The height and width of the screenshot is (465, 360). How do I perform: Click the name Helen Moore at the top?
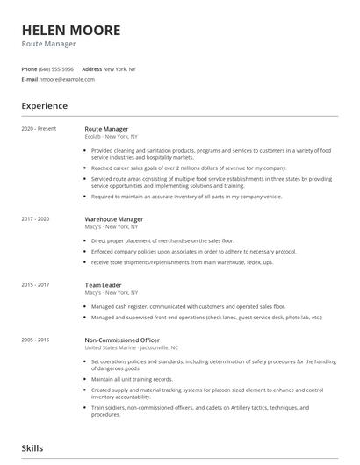pyautogui.click(x=71, y=29)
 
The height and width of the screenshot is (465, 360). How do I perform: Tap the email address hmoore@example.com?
pyautogui.click(x=68, y=79)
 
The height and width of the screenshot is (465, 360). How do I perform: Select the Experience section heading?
pyautogui.click(x=45, y=106)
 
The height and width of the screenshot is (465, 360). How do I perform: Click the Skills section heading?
pyautogui.click(x=32, y=447)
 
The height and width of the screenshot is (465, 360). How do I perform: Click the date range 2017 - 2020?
pyautogui.click(x=35, y=218)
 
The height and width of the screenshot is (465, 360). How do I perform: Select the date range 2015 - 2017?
pyautogui.click(x=35, y=284)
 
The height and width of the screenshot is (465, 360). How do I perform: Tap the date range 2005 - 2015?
pyautogui.click(x=35, y=340)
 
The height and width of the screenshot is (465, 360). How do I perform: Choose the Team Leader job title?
pyautogui.click(x=104, y=284)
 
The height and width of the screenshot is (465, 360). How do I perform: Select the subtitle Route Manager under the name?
pyautogui.click(x=49, y=44)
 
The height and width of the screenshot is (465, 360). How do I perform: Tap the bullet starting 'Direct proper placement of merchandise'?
pyautogui.click(x=162, y=239)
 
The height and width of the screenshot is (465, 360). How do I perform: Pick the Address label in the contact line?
pyautogui.click(x=91, y=68)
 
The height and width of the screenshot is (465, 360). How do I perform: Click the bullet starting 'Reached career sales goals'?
pyautogui.click(x=189, y=167)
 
